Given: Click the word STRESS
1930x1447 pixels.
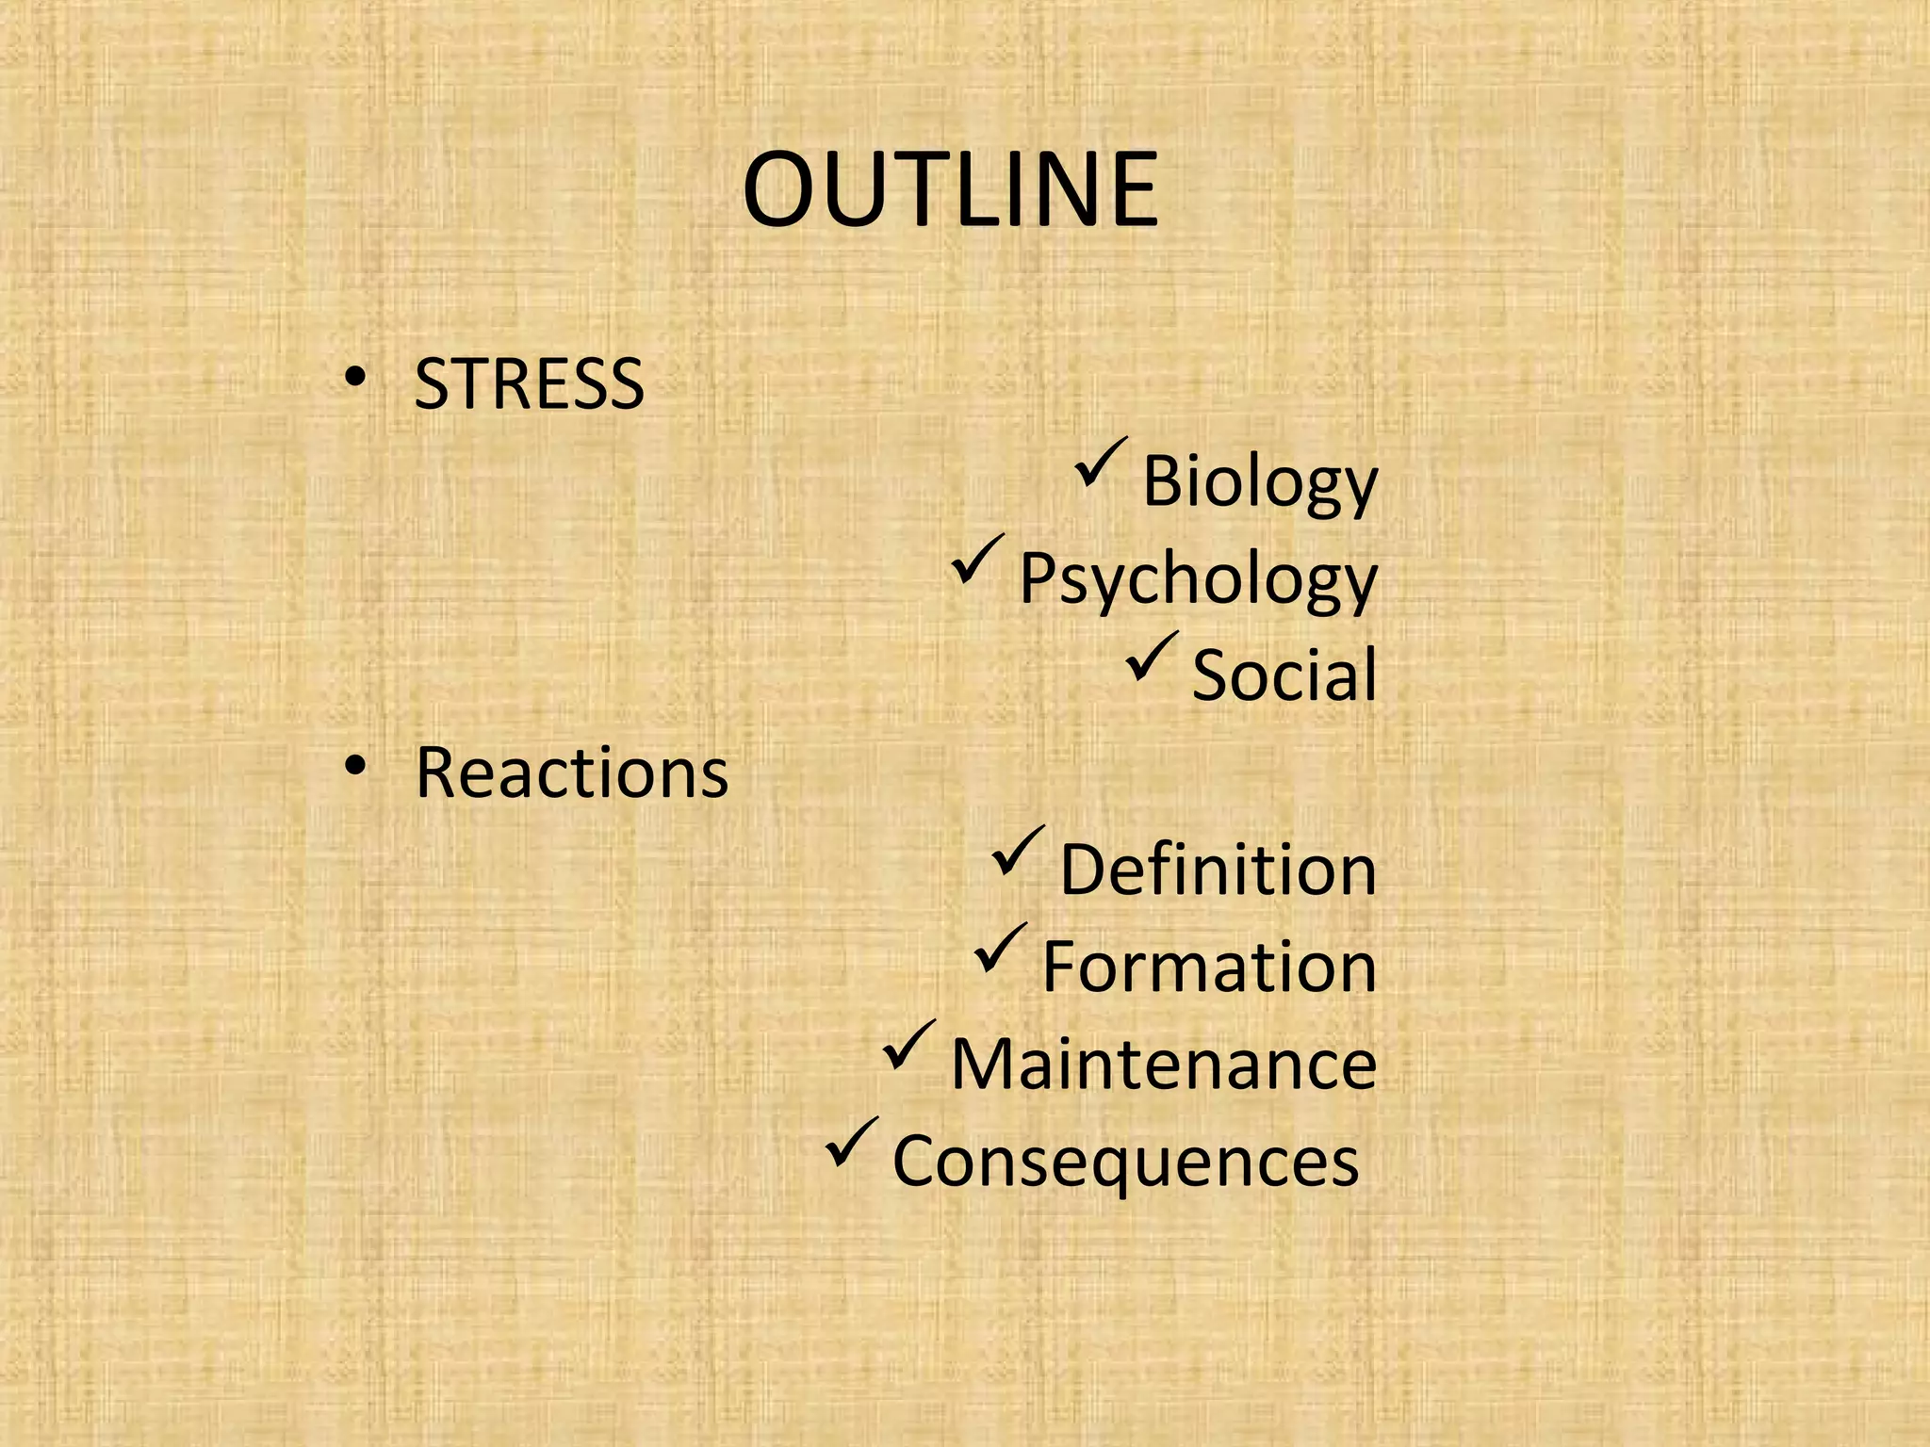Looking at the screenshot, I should (529, 384).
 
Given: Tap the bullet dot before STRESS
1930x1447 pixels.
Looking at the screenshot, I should (354, 377).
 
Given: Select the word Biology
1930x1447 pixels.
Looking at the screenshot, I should (1259, 482).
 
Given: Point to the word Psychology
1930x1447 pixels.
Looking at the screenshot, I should (1198, 579).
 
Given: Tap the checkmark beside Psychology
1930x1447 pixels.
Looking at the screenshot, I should (978, 560).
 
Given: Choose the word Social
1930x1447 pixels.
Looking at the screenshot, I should (1284, 675).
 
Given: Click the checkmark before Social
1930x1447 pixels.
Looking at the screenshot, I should (1152, 657).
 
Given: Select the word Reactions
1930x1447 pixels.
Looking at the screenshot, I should (571, 772).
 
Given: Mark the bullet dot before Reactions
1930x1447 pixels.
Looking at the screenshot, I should (354, 765).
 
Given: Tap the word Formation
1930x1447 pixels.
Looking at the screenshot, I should (1209, 967).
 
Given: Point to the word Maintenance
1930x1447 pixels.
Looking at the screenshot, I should (1164, 1065).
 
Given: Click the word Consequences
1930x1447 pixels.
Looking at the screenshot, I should (1125, 1161).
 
